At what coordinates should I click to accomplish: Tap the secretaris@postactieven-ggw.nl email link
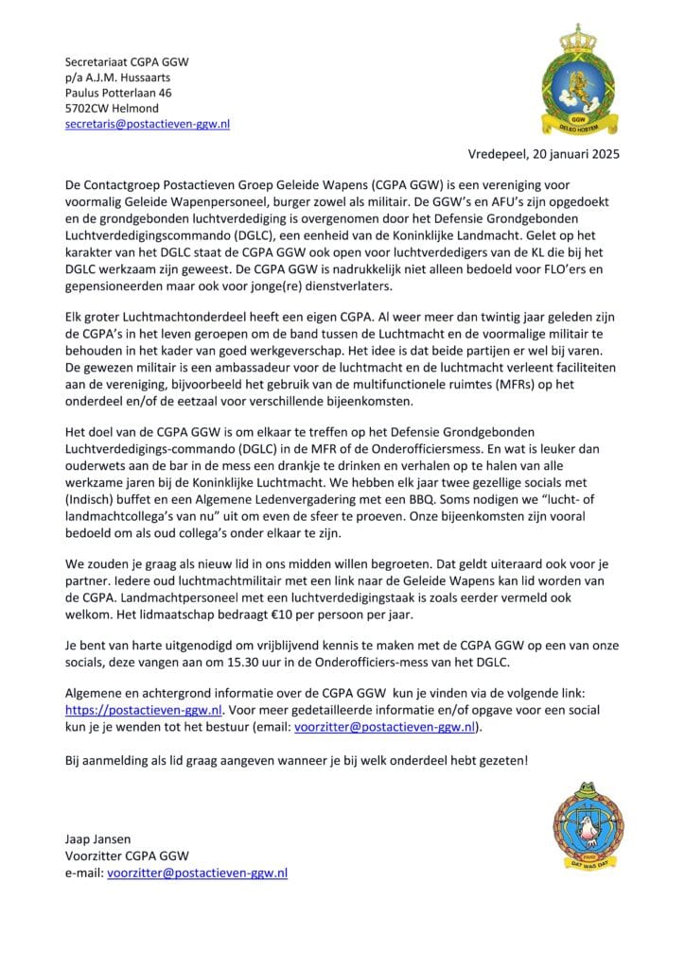(x=147, y=124)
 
